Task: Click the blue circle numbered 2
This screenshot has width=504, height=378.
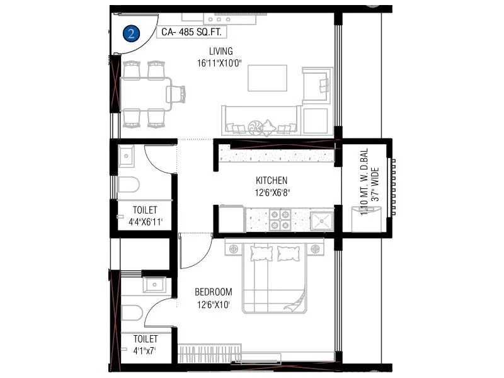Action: click(131, 33)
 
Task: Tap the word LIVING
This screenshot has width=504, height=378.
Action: click(221, 51)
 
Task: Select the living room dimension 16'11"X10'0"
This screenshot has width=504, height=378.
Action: click(220, 62)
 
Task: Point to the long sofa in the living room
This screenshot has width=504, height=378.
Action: click(260, 120)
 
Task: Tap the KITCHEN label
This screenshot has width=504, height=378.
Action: click(272, 180)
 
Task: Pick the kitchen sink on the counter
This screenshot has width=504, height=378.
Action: click(321, 220)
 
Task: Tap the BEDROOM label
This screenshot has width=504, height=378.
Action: click(213, 292)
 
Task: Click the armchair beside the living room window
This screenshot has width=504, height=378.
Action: click(315, 84)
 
